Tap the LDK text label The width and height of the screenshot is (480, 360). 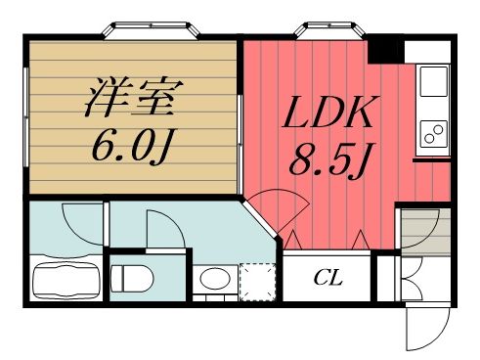click(x=327, y=117)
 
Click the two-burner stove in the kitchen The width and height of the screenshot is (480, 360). click(x=430, y=132)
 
